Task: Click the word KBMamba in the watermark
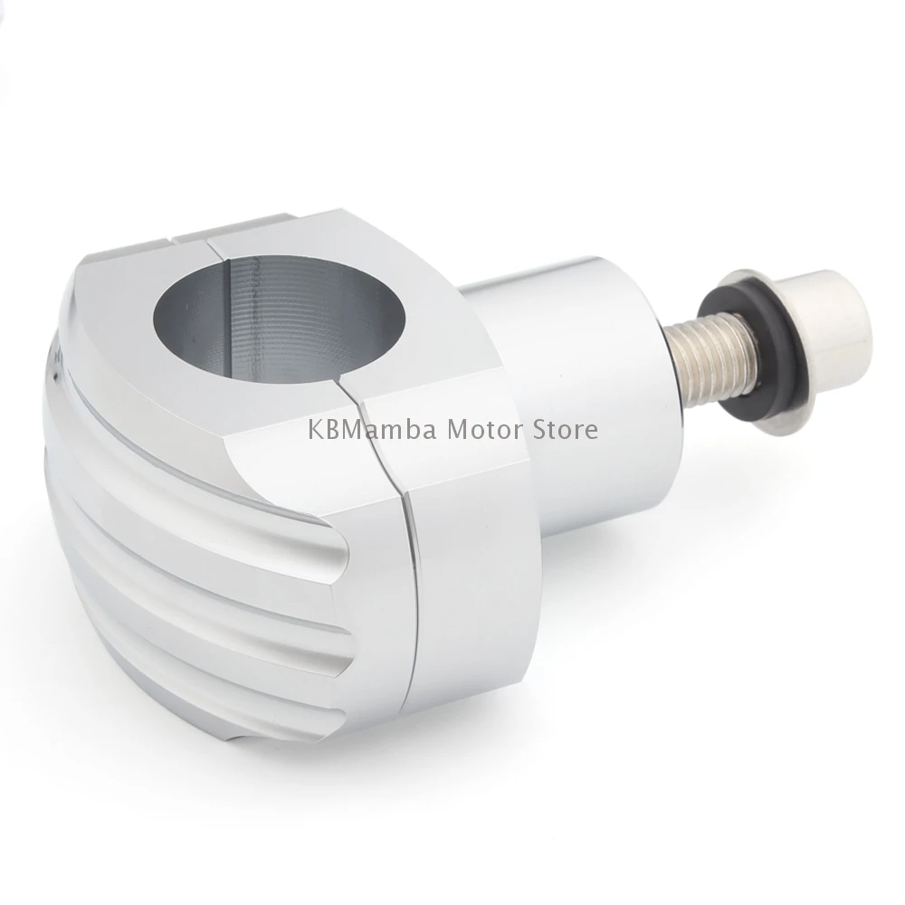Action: pos(372,430)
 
